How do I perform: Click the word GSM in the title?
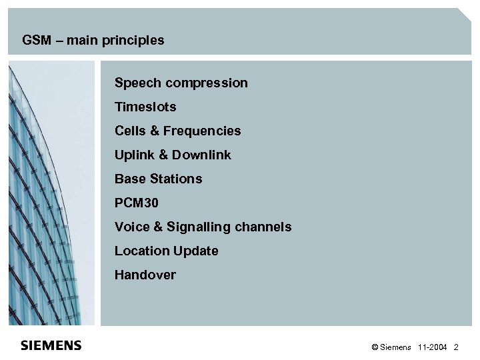click(35, 41)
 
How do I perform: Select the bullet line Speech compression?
click(181, 83)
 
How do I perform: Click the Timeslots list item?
click(145, 107)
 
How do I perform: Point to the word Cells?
click(129, 131)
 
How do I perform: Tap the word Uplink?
click(133, 155)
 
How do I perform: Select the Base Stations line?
click(158, 179)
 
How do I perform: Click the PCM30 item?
click(137, 203)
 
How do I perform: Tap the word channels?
click(265, 227)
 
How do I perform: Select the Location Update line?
click(166, 251)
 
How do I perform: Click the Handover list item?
click(145, 275)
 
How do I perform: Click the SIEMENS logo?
click(51, 345)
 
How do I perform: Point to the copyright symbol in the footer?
click(375, 348)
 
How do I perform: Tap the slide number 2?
click(456, 348)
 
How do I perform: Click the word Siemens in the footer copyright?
click(397, 348)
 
